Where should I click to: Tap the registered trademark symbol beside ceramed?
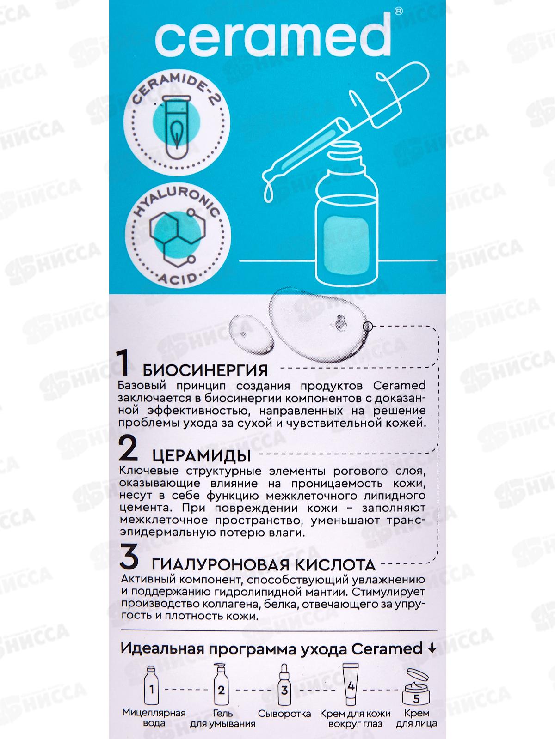tap(399, 11)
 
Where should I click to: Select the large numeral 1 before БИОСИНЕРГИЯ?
tap(123, 363)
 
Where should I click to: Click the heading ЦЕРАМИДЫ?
tap(201, 456)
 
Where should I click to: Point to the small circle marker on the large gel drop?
tap(368, 327)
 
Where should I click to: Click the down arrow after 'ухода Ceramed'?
tap(432, 648)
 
